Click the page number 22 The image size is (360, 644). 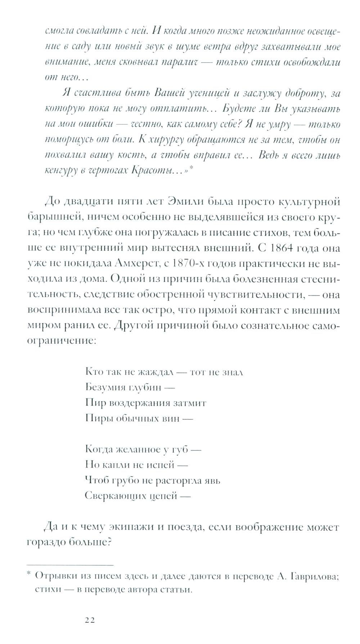pos(90,620)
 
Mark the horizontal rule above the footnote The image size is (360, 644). pos(70,564)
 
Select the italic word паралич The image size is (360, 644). pos(179,62)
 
